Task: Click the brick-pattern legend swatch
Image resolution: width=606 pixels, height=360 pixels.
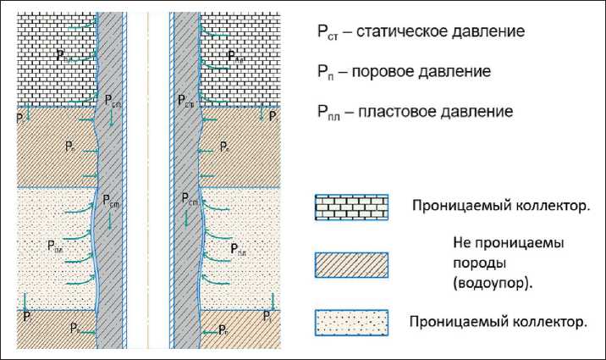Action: (350, 207)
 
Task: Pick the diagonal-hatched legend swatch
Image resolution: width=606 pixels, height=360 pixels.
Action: (350, 265)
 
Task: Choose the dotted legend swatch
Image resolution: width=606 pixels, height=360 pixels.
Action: (350, 322)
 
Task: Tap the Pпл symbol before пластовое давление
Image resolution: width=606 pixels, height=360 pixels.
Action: (331, 113)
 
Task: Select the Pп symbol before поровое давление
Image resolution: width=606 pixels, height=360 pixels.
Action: (327, 73)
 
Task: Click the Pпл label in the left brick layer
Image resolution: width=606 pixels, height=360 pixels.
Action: (64, 55)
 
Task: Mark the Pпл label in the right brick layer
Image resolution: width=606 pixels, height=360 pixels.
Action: (237, 57)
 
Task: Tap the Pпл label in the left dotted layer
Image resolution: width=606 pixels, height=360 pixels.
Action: (55, 246)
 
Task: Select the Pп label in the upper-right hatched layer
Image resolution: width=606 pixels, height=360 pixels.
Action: (224, 147)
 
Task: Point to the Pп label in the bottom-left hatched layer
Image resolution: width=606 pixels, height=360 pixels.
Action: (75, 328)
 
